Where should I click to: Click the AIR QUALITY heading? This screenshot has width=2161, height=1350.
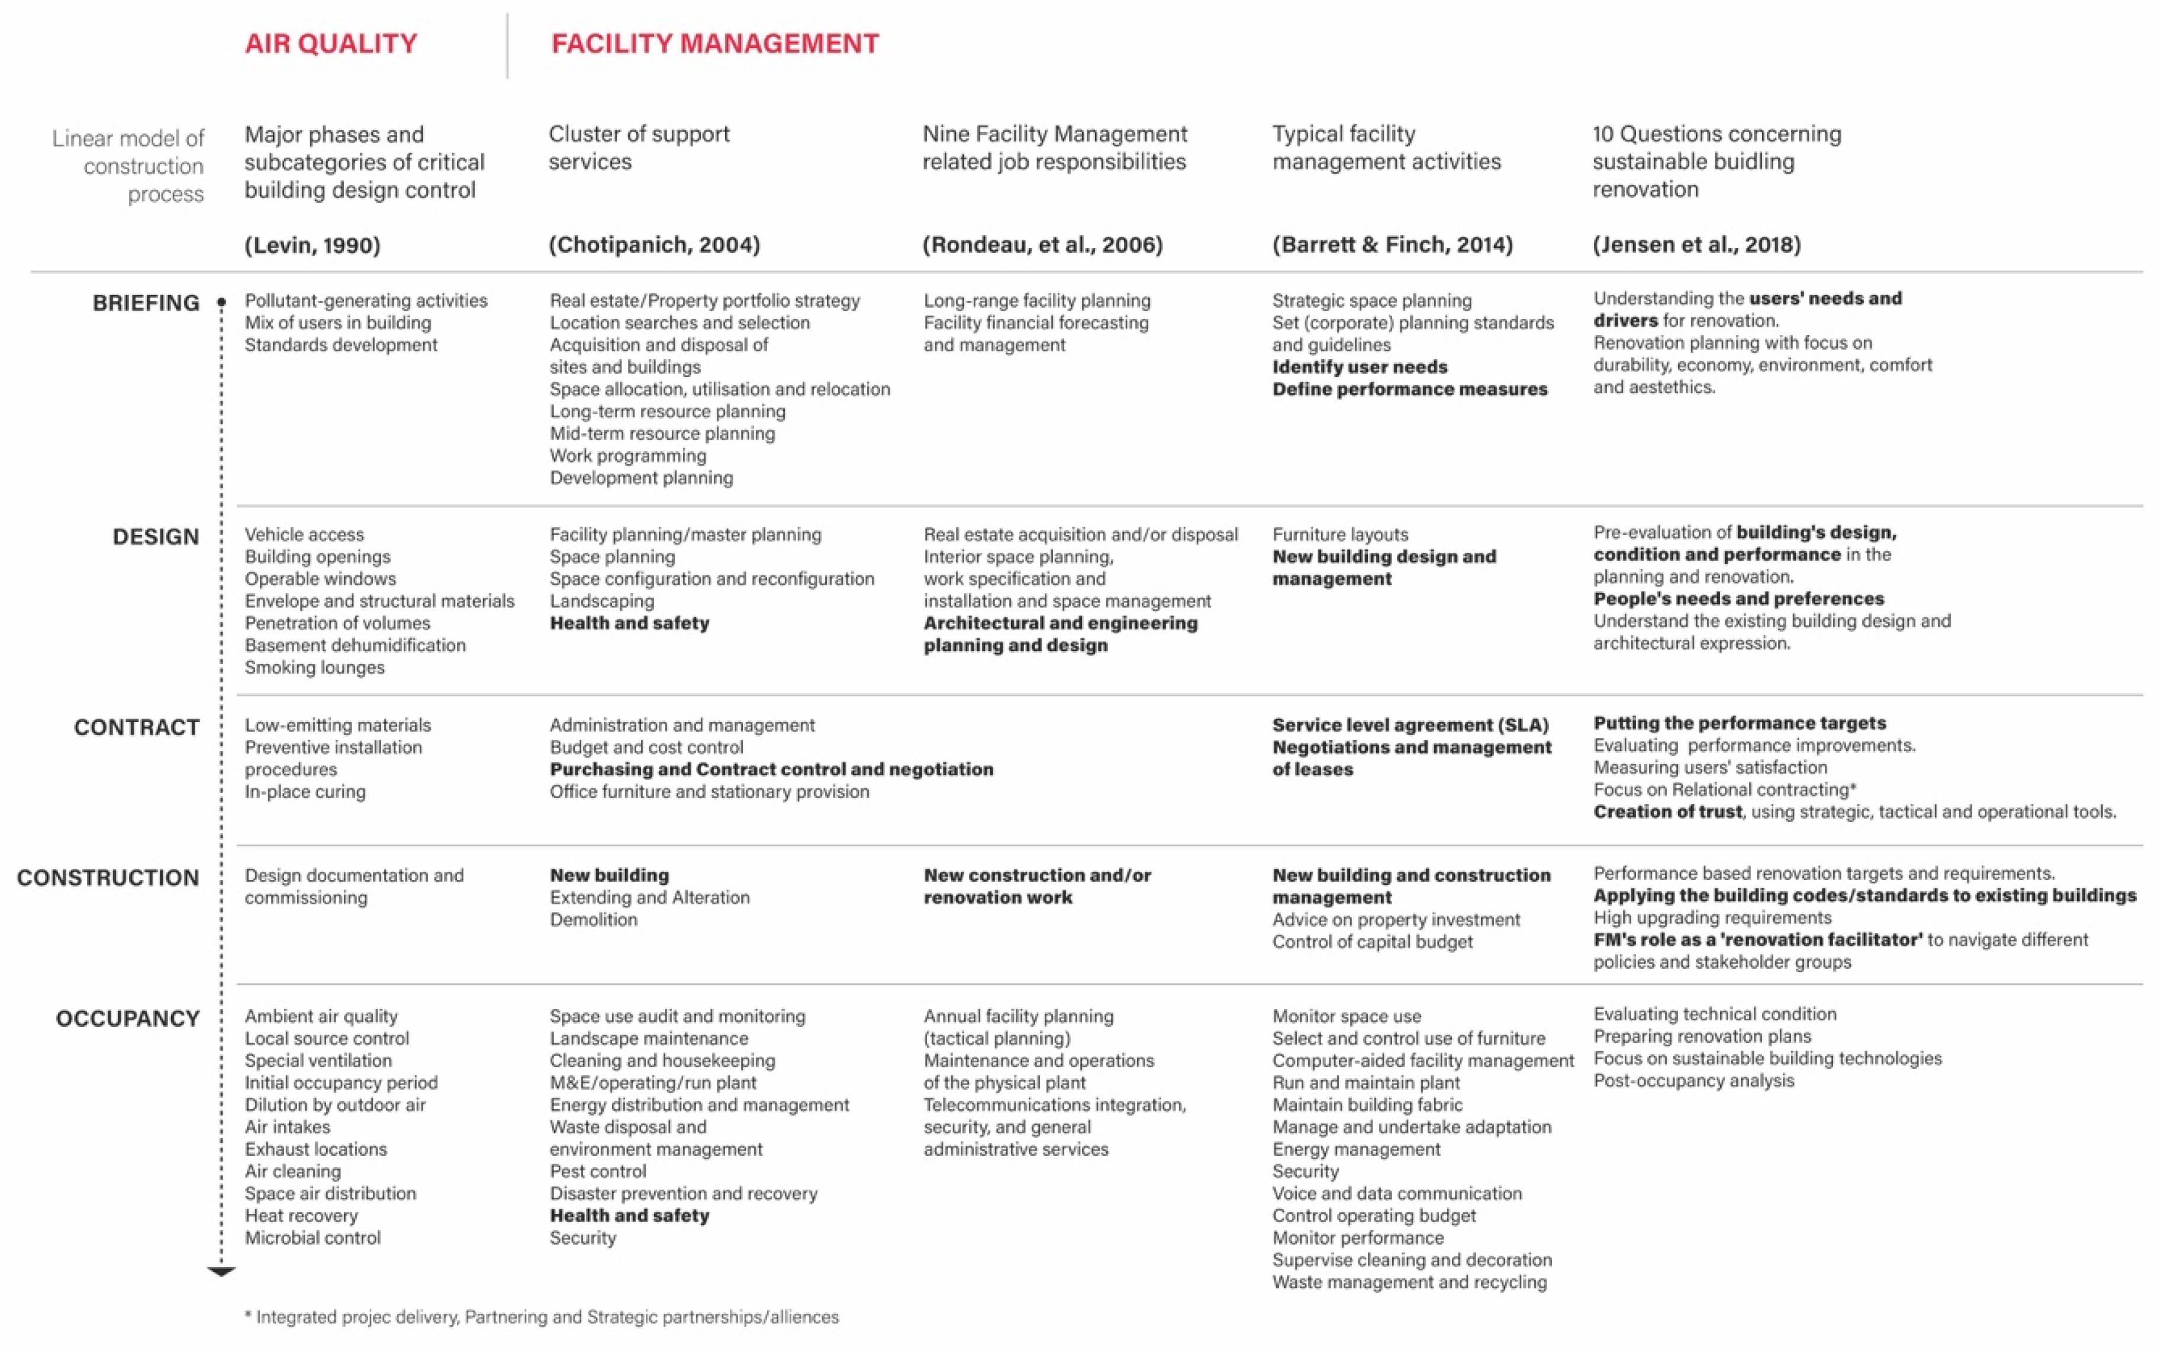330,44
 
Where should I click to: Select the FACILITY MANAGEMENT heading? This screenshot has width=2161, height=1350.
714,44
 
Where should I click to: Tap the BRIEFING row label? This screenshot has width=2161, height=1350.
146,302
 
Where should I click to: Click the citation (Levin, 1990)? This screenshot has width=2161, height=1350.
313,244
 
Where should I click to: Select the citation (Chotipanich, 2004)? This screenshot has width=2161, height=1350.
653,244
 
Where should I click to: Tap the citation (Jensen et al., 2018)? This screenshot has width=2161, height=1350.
1696,244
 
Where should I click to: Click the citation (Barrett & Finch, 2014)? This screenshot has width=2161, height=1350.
1392,244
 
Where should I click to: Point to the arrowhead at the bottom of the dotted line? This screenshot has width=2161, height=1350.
221,1271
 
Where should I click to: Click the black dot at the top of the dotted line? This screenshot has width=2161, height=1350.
221,302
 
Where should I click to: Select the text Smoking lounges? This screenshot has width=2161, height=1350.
314,667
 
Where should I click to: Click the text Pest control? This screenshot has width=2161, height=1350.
597,1171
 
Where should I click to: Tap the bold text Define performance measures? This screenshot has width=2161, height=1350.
1409,389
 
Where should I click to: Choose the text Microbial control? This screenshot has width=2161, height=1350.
313,1238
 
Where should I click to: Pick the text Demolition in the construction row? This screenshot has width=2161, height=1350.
593,920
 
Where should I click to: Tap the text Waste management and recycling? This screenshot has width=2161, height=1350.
1409,1282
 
